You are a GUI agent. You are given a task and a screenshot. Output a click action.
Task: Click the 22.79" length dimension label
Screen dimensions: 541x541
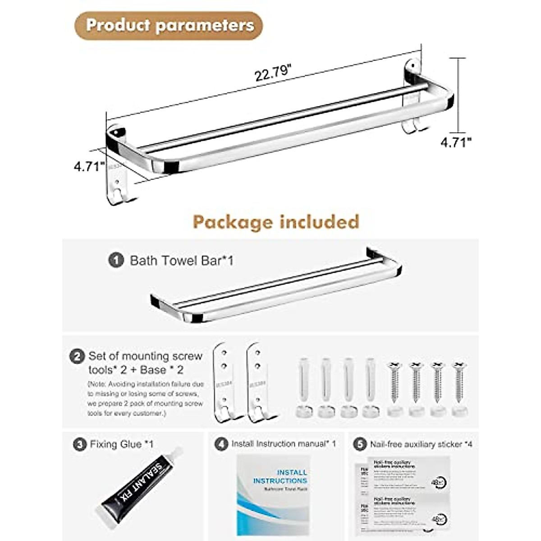pyautogui.click(x=273, y=72)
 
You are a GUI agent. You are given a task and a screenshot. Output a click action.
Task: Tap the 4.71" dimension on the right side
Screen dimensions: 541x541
pyautogui.click(x=456, y=142)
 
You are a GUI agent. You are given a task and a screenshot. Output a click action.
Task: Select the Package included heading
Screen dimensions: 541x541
pyautogui.click(x=276, y=222)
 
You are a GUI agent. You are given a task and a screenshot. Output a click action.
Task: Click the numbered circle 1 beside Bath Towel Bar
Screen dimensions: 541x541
pyautogui.click(x=116, y=261)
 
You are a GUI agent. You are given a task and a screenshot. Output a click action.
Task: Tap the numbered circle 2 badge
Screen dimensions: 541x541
pyautogui.click(x=77, y=357)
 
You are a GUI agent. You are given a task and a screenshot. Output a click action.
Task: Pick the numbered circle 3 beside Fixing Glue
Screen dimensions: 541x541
pyautogui.click(x=80, y=445)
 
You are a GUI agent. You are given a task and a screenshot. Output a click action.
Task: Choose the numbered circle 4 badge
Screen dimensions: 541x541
pyautogui.click(x=221, y=444)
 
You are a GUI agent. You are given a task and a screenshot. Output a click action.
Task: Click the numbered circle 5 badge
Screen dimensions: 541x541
pyautogui.click(x=360, y=445)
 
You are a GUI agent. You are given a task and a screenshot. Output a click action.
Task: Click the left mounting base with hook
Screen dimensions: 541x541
pyautogui.click(x=224, y=383)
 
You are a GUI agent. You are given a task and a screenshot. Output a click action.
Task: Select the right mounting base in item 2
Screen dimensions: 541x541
pyautogui.click(x=258, y=383)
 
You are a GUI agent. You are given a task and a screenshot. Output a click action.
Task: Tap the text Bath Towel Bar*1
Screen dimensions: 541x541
pyautogui.click(x=181, y=261)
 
